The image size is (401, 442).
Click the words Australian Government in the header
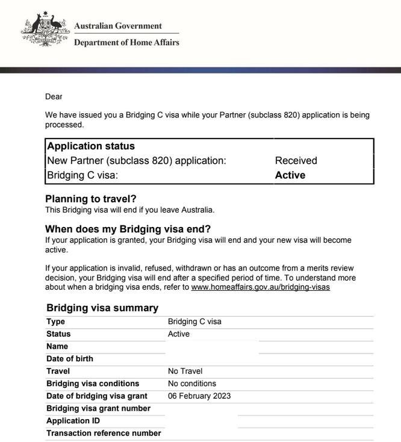(x=117, y=26)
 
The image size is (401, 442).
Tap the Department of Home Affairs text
(x=126, y=43)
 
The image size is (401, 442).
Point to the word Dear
(x=54, y=96)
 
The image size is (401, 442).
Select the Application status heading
(x=91, y=146)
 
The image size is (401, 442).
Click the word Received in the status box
(x=296, y=161)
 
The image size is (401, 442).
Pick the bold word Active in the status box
(x=290, y=175)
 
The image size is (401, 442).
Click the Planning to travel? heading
(x=91, y=199)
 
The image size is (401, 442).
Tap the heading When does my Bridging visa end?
(x=128, y=229)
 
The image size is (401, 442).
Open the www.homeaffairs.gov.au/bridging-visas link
(x=260, y=287)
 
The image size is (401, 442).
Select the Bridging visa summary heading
(x=102, y=308)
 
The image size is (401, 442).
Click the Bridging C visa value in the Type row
(x=194, y=322)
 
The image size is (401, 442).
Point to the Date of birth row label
(x=70, y=359)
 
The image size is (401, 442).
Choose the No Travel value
(x=185, y=371)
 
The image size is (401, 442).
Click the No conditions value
(x=192, y=384)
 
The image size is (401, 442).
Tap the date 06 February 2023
(x=199, y=396)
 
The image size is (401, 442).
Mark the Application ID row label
(x=73, y=421)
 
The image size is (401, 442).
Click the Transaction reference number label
(x=104, y=433)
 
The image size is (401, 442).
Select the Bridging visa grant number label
(x=98, y=408)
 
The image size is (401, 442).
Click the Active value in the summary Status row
(x=179, y=334)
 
